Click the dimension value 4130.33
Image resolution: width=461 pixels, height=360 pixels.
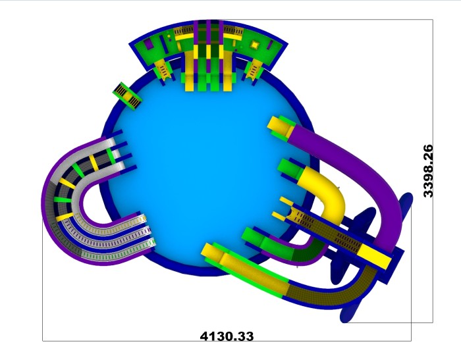[227, 336]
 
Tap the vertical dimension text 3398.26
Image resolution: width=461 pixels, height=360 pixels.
[428, 171]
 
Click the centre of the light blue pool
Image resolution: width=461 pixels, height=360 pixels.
[205, 165]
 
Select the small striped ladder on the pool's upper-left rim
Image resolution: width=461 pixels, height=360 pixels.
[127, 96]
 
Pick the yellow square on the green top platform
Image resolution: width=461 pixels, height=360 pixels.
[255, 45]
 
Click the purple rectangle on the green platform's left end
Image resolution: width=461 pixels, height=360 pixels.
[149, 44]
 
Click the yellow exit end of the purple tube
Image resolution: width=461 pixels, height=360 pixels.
[280, 126]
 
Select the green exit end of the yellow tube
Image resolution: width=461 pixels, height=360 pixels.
[288, 169]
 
